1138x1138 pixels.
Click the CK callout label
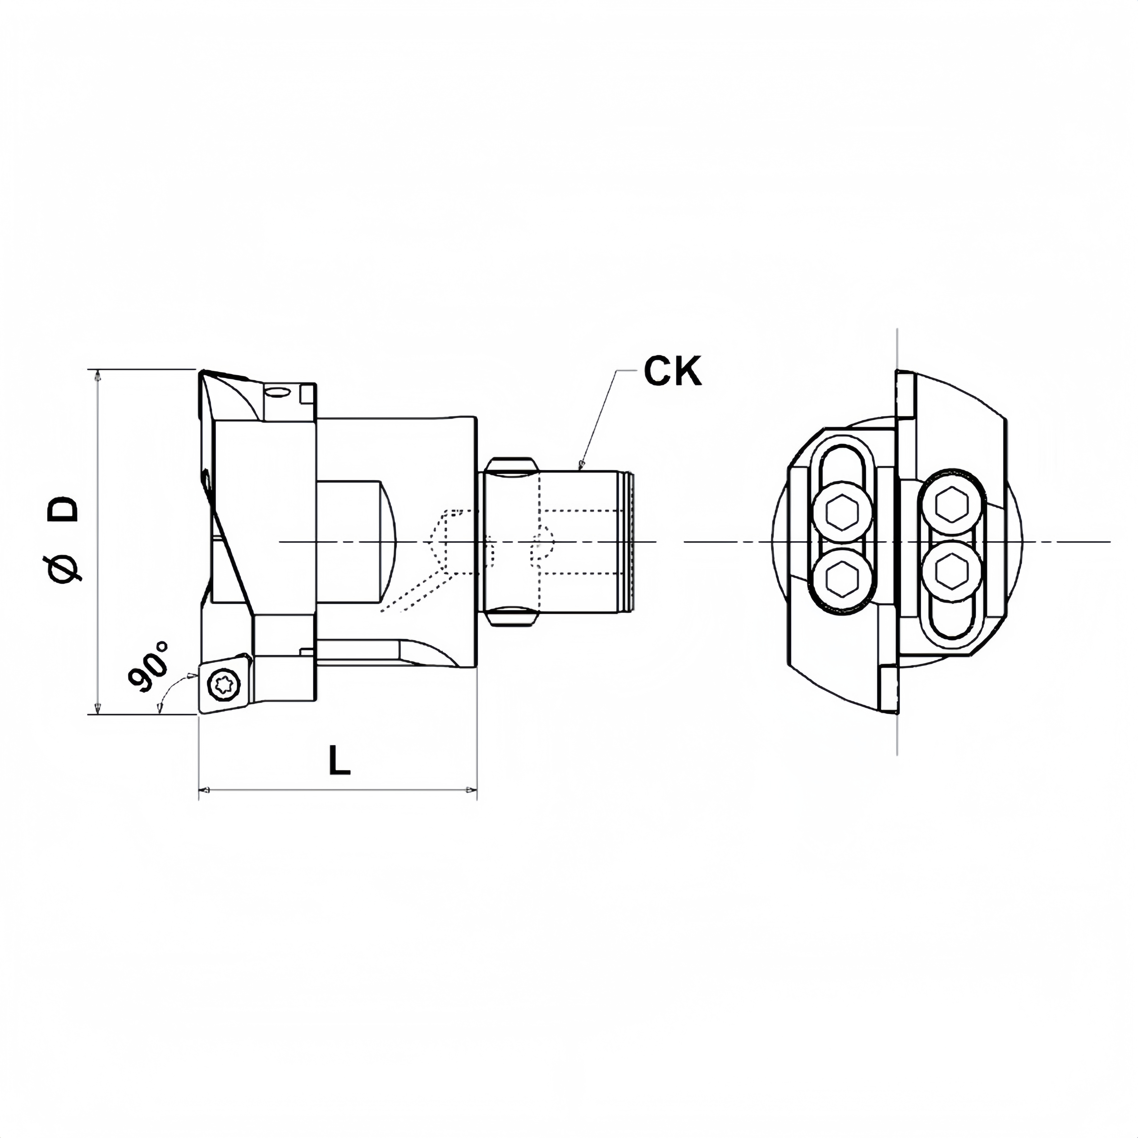(673, 371)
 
